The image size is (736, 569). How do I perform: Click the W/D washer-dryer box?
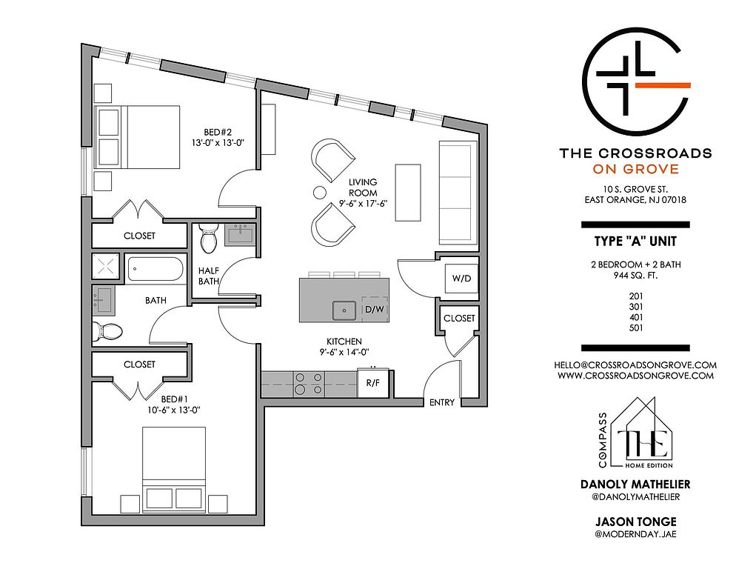461,278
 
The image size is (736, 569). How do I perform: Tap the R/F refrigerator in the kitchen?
373,382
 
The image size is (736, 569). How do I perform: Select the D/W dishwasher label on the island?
375,310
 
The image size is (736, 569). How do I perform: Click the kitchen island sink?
345,310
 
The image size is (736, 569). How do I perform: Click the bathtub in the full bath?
155,270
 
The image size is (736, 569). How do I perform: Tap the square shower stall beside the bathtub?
106,267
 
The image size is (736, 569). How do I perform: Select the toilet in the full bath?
107,332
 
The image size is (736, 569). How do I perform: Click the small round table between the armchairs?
320,192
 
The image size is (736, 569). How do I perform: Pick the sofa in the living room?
458,190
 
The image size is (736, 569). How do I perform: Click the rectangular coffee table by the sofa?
408,192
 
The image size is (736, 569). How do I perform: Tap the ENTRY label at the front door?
442,402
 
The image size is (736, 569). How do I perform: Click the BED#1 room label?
174,399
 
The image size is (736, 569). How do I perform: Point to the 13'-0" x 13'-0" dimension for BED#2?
218,143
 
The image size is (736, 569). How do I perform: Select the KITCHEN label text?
344,342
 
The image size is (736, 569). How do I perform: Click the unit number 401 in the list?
635,317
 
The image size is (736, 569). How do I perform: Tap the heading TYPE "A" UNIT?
635,242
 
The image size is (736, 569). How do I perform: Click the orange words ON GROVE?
635,169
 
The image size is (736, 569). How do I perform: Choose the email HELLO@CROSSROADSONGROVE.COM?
635,365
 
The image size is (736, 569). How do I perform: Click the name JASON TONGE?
635,522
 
